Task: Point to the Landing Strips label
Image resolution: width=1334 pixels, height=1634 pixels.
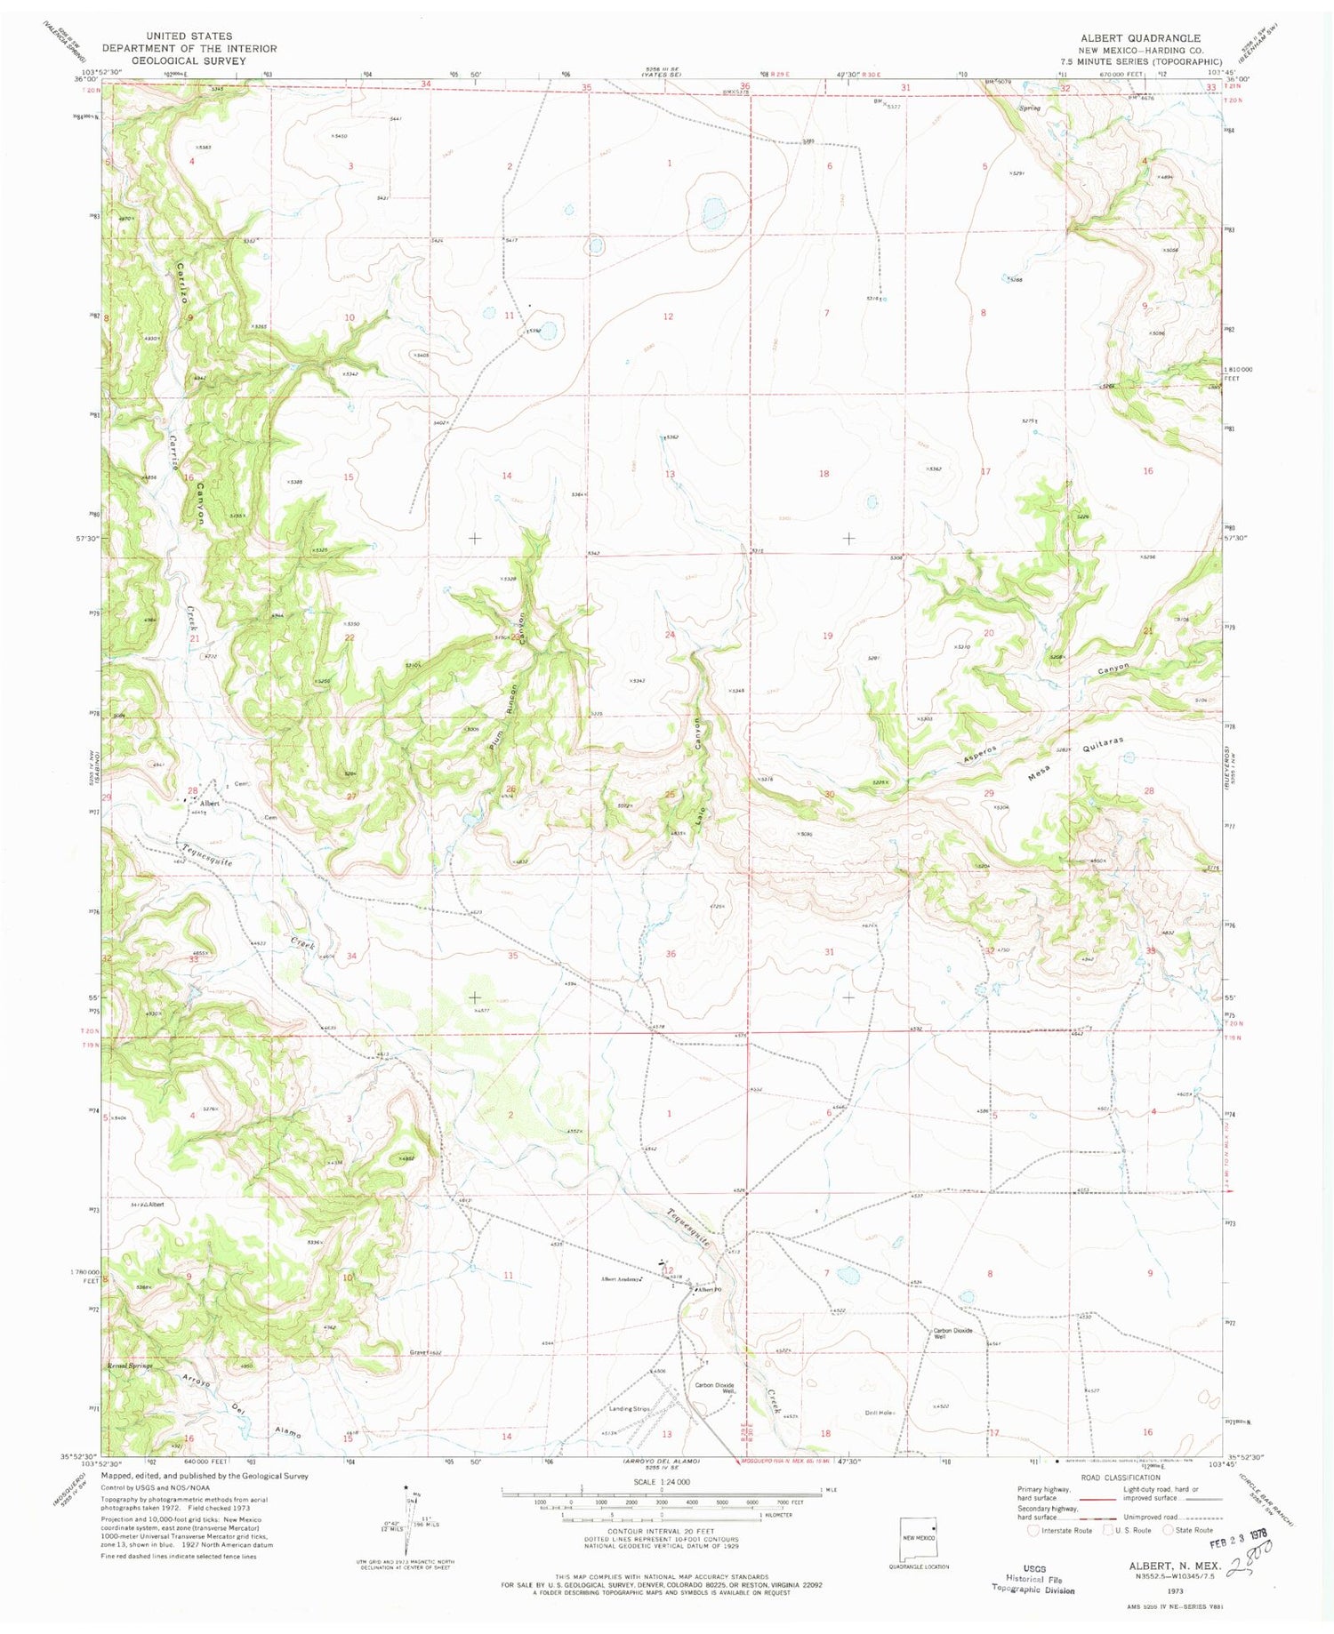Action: pyautogui.click(x=630, y=1409)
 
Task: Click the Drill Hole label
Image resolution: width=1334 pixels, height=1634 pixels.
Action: pyautogui.click(x=878, y=1413)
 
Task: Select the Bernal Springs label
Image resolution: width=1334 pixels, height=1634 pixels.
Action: pyautogui.click(x=131, y=1366)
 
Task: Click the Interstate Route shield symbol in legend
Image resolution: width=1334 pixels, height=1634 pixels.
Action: pyautogui.click(x=1033, y=1530)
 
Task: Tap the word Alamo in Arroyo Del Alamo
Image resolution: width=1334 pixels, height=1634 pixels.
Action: pyautogui.click(x=288, y=1432)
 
